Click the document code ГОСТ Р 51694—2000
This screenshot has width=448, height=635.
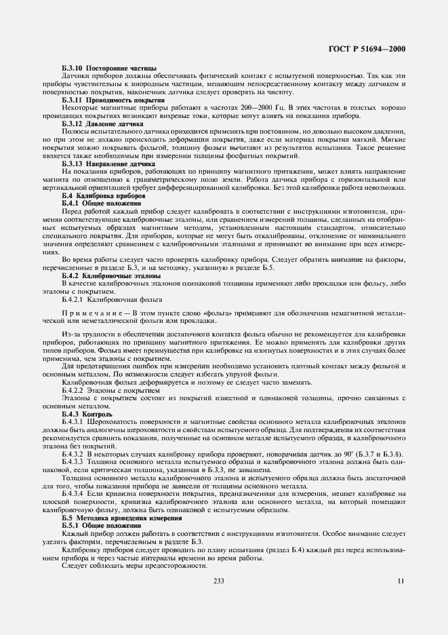[x=371, y=49]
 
